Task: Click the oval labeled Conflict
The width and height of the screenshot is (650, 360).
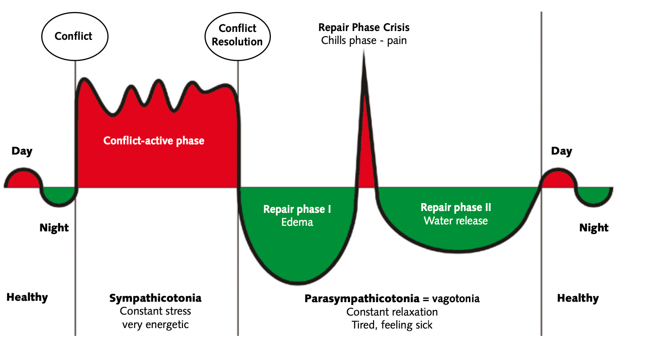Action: click(x=74, y=36)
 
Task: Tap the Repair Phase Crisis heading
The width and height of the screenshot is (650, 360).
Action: click(x=364, y=27)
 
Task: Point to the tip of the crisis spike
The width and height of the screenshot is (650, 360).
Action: click(x=364, y=52)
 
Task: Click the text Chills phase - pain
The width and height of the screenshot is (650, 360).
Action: click(x=364, y=40)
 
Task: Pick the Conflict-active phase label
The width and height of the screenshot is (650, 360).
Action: click(x=154, y=140)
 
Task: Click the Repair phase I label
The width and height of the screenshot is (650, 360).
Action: click(x=297, y=209)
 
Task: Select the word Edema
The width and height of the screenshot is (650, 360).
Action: click(x=297, y=222)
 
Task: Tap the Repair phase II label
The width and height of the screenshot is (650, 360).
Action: click(x=456, y=207)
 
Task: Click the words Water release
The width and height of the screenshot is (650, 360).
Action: click(x=456, y=220)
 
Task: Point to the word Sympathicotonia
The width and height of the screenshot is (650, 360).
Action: click(x=156, y=298)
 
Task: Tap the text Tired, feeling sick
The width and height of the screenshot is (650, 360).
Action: click(x=392, y=325)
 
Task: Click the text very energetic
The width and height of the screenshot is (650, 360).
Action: click(x=156, y=324)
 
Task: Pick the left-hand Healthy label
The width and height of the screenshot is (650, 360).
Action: click(x=27, y=297)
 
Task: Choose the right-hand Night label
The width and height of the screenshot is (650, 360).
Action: click(x=594, y=228)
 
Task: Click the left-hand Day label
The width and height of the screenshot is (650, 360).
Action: click(x=22, y=151)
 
